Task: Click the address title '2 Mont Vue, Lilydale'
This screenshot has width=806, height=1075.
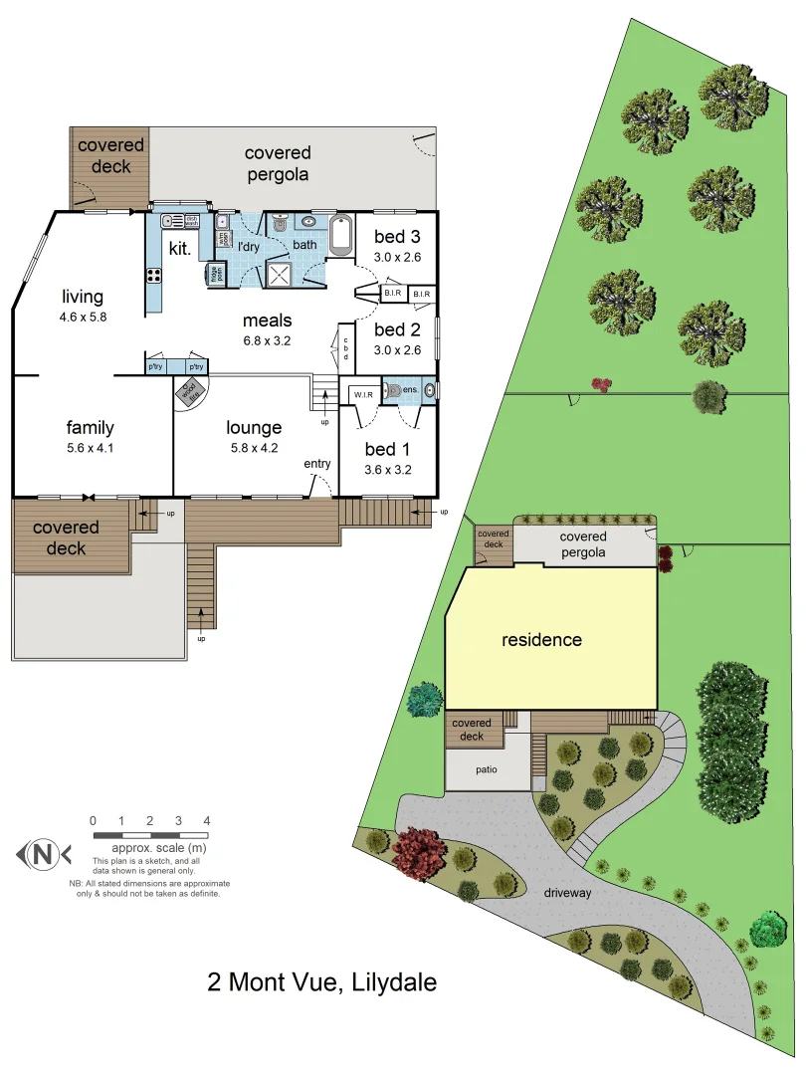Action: [321, 982]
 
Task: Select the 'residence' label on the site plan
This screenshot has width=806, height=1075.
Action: [541, 640]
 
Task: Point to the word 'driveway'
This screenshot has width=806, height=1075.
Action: [567, 893]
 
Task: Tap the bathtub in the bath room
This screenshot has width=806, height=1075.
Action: [342, 235]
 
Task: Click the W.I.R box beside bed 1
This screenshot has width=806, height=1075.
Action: [361, 394]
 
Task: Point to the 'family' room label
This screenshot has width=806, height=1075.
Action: [91, 428]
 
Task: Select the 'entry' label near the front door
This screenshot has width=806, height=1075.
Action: [317, 465]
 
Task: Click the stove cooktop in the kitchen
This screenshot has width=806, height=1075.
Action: [154, 275]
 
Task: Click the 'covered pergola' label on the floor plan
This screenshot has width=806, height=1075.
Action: [278, 163]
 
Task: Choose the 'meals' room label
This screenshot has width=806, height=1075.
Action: [268, 321]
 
